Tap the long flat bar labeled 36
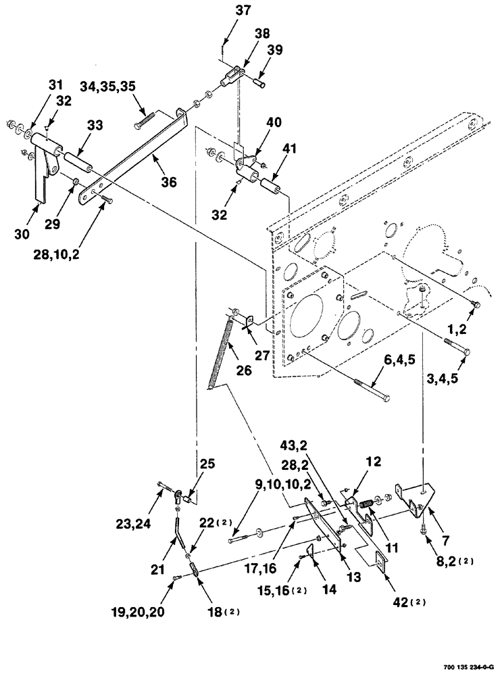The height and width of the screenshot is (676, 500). (135, 152)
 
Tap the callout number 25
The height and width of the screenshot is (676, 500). (207, 465)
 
